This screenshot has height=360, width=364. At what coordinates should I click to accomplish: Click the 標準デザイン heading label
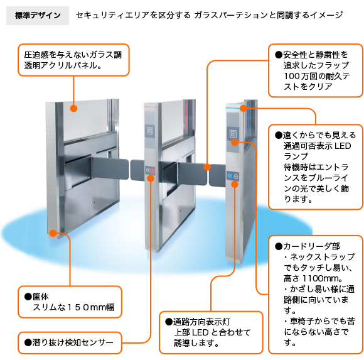(x=38, y=16)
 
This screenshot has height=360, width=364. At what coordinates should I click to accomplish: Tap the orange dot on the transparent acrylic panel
(x=73, y=108)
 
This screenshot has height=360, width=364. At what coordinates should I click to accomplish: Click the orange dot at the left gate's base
(x=53, y=233)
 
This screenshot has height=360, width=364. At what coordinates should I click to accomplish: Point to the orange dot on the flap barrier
(x=207, y=167)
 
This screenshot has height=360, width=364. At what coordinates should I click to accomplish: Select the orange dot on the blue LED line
(x=244, y=108)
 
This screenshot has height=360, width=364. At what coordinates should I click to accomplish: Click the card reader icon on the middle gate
(x=150, y=131)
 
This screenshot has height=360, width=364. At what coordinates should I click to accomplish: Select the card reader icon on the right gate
(x=233, y=133)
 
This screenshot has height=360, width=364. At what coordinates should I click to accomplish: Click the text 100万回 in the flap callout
(x=300, y=76)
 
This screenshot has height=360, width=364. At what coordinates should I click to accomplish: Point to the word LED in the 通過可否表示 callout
(x=343, y=146)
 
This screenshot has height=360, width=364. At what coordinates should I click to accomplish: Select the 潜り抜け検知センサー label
(x=69, y=342)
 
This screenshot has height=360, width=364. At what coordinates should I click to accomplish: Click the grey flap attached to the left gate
(x=110, y=168)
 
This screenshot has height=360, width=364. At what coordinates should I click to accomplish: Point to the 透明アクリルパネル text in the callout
(x=63, y=66)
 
